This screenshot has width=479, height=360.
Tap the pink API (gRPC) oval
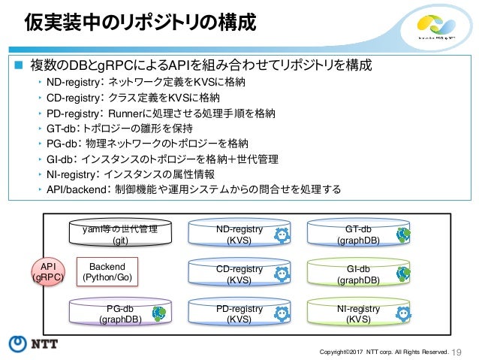(x=48, y=271)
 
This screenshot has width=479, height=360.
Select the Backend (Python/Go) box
(x=107, y=272)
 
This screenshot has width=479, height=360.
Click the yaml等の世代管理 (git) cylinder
(x=120, y=234)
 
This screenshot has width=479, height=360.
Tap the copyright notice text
(x=384, y=350)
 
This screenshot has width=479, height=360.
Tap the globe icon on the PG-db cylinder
(x=159, y=311)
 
